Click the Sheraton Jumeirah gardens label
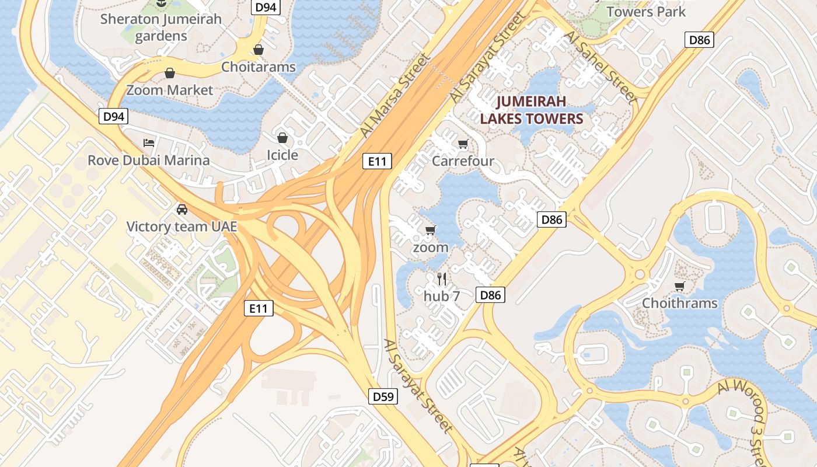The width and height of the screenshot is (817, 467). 161,27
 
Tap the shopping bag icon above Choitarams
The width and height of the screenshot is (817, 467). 258,50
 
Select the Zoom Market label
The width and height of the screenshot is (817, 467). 170,90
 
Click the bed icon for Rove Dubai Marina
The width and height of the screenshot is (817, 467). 149,143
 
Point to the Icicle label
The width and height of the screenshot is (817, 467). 282,155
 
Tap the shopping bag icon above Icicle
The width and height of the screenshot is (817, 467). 282,138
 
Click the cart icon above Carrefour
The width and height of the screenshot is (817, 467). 463,144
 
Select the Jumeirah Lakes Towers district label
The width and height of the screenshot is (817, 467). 531,110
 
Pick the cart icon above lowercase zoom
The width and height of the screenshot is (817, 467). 431,230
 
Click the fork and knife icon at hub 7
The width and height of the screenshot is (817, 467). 442,279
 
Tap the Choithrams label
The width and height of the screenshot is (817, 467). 680,303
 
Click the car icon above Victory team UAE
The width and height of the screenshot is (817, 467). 182,210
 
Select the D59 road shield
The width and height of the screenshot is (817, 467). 383,396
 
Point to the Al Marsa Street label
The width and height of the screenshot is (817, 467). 395,95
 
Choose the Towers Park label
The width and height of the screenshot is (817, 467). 646,11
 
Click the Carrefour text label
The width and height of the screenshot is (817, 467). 463,161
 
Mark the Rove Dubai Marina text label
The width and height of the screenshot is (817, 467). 149,160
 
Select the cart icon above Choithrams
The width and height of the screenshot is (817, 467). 679,286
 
